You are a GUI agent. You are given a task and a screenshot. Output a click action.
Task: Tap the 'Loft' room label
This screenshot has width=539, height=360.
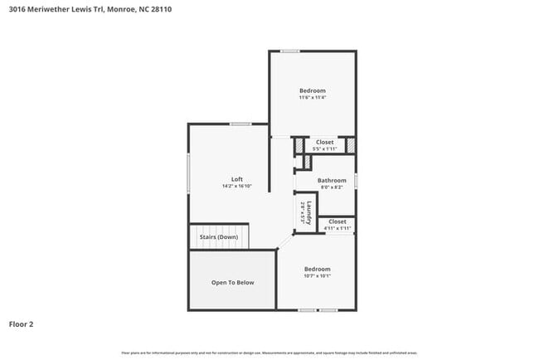click(236, 179)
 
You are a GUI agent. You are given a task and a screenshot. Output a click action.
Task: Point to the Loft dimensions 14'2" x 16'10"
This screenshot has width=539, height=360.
click(236, 187)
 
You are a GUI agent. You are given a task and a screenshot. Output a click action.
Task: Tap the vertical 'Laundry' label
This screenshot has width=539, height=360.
click(308, 213)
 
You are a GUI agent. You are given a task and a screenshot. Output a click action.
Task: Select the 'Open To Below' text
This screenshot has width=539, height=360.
click(232, 283)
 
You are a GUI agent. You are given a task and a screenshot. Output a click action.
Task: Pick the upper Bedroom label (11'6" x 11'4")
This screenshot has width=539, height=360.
click(313, 90)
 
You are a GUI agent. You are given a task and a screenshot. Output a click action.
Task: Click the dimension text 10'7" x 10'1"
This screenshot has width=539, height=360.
click(317, 276)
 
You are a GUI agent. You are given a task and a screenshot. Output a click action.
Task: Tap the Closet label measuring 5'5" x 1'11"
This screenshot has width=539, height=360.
click(325, 142)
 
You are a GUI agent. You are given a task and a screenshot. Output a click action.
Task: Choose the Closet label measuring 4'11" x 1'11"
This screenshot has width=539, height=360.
click(337, 221)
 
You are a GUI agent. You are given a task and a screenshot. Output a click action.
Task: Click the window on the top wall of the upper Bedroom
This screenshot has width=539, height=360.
click(289, 51)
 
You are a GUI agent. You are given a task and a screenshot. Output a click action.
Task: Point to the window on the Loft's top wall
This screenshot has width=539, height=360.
click(240, 124)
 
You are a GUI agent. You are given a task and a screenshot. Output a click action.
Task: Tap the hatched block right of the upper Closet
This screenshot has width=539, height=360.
click(351, 145)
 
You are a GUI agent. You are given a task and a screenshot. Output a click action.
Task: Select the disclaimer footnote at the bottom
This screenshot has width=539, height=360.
click(269, 353)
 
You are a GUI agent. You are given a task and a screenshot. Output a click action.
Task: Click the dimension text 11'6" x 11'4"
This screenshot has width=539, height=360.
click(313, 98)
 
